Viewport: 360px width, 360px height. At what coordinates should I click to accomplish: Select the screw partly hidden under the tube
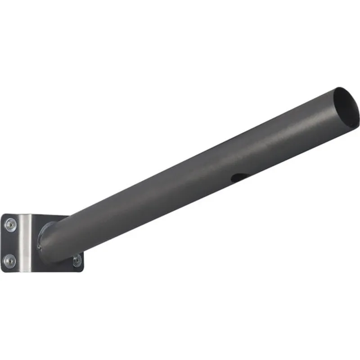77,260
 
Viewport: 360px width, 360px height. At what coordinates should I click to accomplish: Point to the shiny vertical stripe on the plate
26,243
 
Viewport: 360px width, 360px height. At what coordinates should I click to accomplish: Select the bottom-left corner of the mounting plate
3,270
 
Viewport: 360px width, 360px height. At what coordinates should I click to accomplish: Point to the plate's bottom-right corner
82,270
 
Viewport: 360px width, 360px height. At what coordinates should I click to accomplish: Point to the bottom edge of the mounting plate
45,272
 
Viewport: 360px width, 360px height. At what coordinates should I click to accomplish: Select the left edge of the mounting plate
1,243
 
